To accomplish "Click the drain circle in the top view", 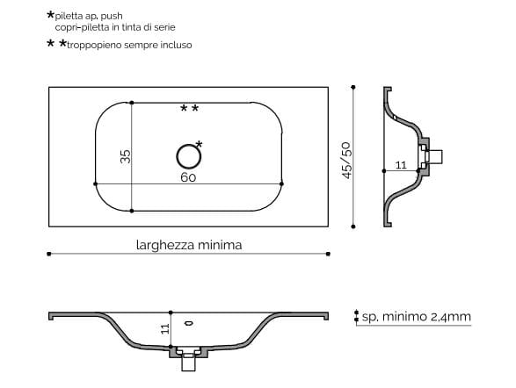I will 188,156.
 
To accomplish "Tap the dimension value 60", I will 188,176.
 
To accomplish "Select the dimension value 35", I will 126,156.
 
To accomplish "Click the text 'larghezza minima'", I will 188,245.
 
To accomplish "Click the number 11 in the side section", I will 400,164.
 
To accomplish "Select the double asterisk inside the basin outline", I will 189,109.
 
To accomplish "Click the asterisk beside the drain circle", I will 200,144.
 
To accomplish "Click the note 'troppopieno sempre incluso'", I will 128,44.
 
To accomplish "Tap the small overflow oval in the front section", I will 188,322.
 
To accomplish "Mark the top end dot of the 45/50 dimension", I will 353,87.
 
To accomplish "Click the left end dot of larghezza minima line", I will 47,254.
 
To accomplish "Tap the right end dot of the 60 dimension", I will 281,183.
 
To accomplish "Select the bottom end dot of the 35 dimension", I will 131,211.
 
